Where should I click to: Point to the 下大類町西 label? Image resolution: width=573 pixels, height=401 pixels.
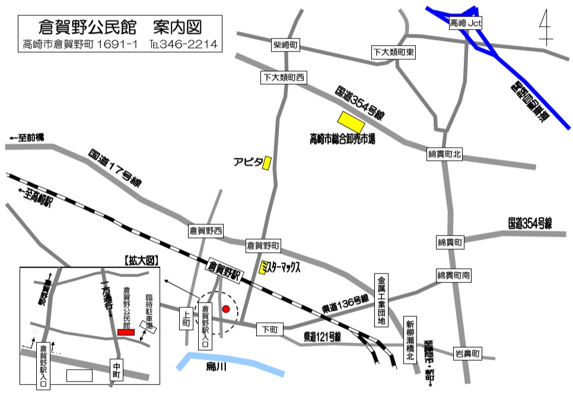(x=284, y=77)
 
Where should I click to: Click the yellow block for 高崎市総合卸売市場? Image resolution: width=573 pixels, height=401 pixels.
(x=351, y=122)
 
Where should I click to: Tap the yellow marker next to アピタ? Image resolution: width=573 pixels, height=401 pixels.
(x=268, y=163)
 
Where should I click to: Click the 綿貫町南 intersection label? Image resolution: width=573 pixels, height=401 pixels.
(x=454, y=275)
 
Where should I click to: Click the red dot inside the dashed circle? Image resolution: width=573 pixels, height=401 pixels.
(x=225, y=308)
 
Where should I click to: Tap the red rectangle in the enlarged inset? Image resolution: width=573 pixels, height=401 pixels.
(x=126, y=332)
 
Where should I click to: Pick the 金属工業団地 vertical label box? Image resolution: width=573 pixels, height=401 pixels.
(x=381, y=300)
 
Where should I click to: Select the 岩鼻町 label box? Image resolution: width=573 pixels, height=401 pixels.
(x=466, y=355)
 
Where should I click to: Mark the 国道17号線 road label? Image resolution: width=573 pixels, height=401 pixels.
(x=116, y=168)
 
